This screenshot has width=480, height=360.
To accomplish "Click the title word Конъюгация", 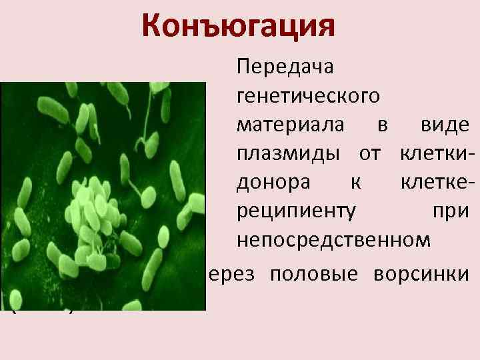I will (237, 26).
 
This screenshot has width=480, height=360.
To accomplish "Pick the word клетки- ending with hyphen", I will (437, 153).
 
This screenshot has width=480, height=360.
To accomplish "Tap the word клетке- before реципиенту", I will (437, 182).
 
